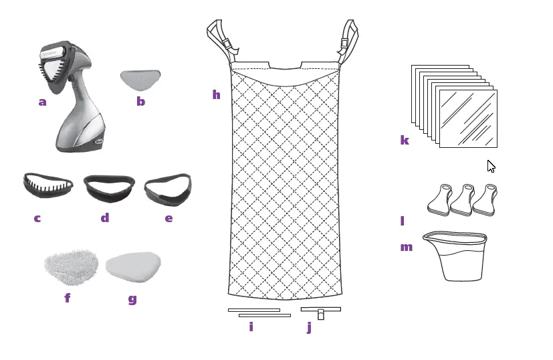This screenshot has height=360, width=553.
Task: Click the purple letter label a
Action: pos(42,102)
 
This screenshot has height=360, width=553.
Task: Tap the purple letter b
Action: pos(140,102)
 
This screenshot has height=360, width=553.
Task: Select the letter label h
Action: pos(216,95)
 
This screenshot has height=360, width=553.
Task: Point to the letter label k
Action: pos(404,140)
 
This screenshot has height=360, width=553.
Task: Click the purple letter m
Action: pos(406,247)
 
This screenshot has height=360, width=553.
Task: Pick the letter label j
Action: pos(309,327)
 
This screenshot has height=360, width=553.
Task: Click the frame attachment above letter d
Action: pos(108,189)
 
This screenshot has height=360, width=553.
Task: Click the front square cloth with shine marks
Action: pos(467,118)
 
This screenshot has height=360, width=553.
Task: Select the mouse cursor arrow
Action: pos(491,166)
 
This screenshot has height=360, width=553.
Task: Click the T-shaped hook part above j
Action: pos(320,312)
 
